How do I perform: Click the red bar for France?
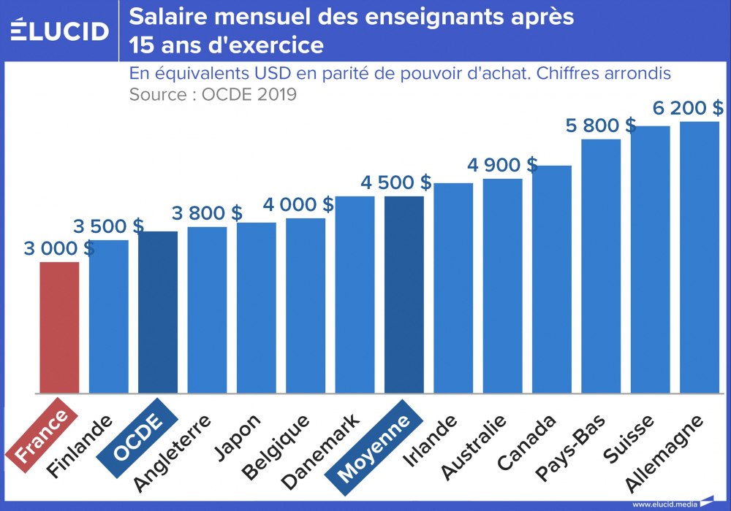[59, 326]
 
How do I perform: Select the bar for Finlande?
[109, 315]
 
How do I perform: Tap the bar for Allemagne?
[700, 256]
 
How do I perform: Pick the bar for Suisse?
[650, 258]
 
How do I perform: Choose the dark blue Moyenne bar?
[404, 293]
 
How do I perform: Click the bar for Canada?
[552, 278]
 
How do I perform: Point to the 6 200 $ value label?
[688, 108]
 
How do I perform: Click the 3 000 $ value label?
[58, 248]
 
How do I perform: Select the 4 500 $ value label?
[395, 182]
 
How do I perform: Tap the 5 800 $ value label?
[600, 125]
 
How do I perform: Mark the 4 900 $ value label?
[502, 165]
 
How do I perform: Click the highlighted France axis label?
[42, 437]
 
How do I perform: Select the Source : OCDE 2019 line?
[213, 95]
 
